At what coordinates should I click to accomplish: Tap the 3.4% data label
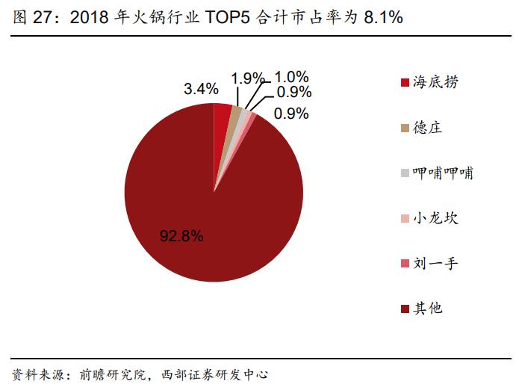click(x=201, y=89)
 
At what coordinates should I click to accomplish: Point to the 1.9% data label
click(x=247, y=78)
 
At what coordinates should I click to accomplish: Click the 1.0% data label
click(x=290, y=77)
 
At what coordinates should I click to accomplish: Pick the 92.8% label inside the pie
click(x=181, y=237)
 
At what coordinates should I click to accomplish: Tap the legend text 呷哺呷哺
click(x=443, y=173)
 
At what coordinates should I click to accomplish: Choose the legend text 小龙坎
click(x=436, y=218)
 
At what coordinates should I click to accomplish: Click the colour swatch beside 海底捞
click(x=405, y=82)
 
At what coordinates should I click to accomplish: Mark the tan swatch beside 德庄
click(x=405, y=128)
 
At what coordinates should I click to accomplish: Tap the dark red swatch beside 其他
click(x=405, y=308)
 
